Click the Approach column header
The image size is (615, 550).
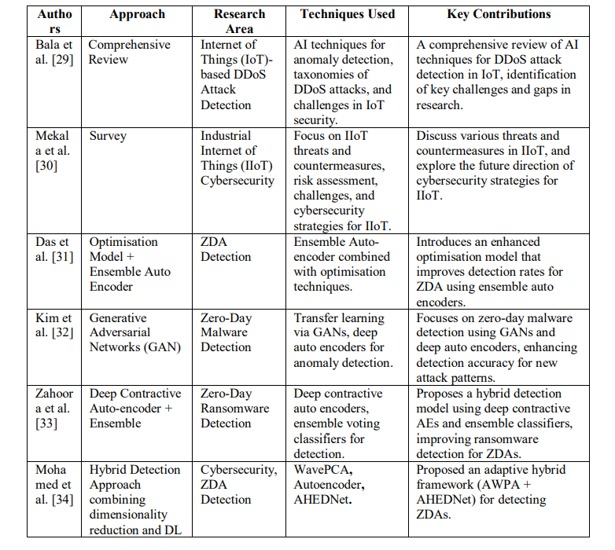click(137, 14)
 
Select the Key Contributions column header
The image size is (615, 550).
click(499, 14)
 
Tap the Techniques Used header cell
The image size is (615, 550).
click(348, 14)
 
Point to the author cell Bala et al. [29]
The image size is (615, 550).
click(54, 53)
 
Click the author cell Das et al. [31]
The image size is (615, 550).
click(54, 249)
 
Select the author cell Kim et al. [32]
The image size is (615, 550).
click(54, 325)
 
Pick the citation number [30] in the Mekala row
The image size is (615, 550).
click(46, 166)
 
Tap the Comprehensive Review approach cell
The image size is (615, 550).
click(129, 53)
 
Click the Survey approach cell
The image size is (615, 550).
click(107, 136)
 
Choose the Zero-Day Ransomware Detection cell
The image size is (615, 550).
click(234, 409)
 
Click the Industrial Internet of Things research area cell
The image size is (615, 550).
click(237, 158)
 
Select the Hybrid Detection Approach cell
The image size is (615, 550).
click(134, 500)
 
